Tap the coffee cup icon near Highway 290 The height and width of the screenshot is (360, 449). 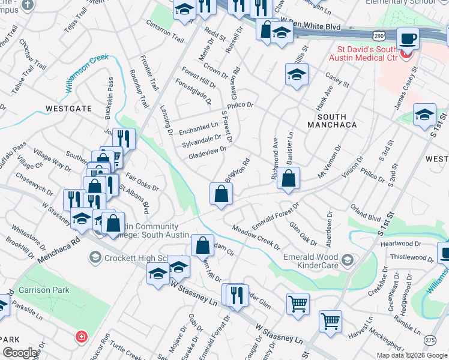408,38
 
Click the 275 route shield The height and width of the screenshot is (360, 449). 429,340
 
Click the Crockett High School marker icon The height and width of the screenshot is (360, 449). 95,258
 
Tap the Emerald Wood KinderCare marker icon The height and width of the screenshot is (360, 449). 347,260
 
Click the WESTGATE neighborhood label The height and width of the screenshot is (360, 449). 69,109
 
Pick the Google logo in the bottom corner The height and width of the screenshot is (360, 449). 20,353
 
